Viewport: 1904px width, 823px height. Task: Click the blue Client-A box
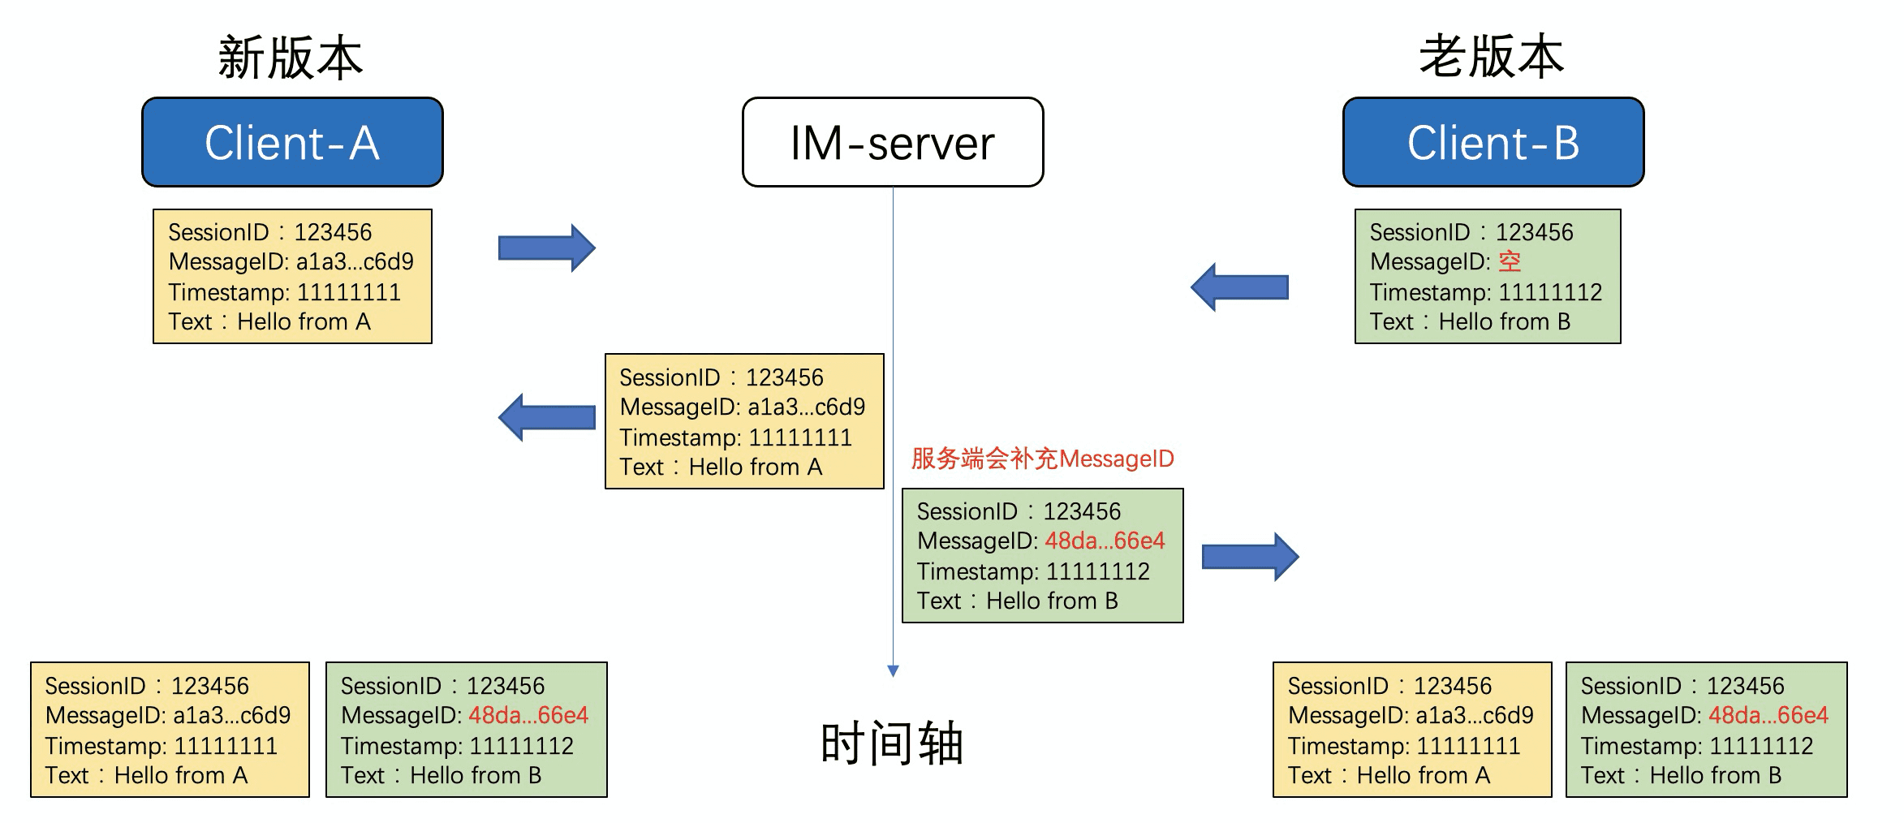pyautogui.click(x=292, y=143)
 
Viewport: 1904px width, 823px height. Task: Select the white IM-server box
pyautogui.click(x=893, y=143)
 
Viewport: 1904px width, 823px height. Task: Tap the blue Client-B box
pyautogui.click(x=1493, y=143)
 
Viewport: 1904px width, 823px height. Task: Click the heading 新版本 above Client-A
pyautogui.click(x=290, y=58)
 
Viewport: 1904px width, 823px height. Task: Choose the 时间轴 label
pyautogui.click(x=892, y=743)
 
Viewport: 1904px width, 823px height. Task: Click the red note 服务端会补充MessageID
pyautogui.click(x=1042, y=459)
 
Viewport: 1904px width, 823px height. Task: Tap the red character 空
pyautogui.click(x=1510, y=261)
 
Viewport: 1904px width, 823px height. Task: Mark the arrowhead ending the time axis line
pyautogui.click(x=893, y=671)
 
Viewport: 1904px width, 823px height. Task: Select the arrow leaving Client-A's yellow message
pyautogui.click(x=546, y=248)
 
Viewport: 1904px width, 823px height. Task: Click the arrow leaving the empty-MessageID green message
pyautogui.click(x=1239, y=287)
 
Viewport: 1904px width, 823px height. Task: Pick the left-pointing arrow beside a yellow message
pyautogui.click(x=546, y=417)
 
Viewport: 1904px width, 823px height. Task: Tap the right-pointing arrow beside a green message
pyautogui.click(x=1250, y=557)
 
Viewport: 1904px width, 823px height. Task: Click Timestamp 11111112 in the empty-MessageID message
pyautogui.click(x=1485, y=292)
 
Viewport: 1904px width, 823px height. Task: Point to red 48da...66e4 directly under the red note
pyautogui.click(x=1104, y=541)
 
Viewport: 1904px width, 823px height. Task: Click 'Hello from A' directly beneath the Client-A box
pyautogui.click(x=304, y=322)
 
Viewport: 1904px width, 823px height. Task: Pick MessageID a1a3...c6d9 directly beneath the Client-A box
pyautogui.click(x=291, y=262)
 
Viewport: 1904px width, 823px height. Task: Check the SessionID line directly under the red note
pyautogui.click(x=1019, y=511)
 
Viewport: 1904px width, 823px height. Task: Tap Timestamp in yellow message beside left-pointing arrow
pyautogui.click(x=735, y=437)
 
